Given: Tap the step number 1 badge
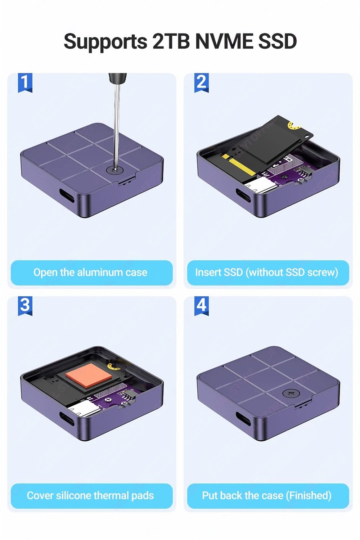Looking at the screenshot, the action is coord(25,83).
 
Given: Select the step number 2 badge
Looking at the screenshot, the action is coord(202,83).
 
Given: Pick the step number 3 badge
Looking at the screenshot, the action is coord(25,306).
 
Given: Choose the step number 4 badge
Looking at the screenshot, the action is coord(202,306).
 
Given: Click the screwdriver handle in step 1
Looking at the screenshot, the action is coord(118,78).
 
